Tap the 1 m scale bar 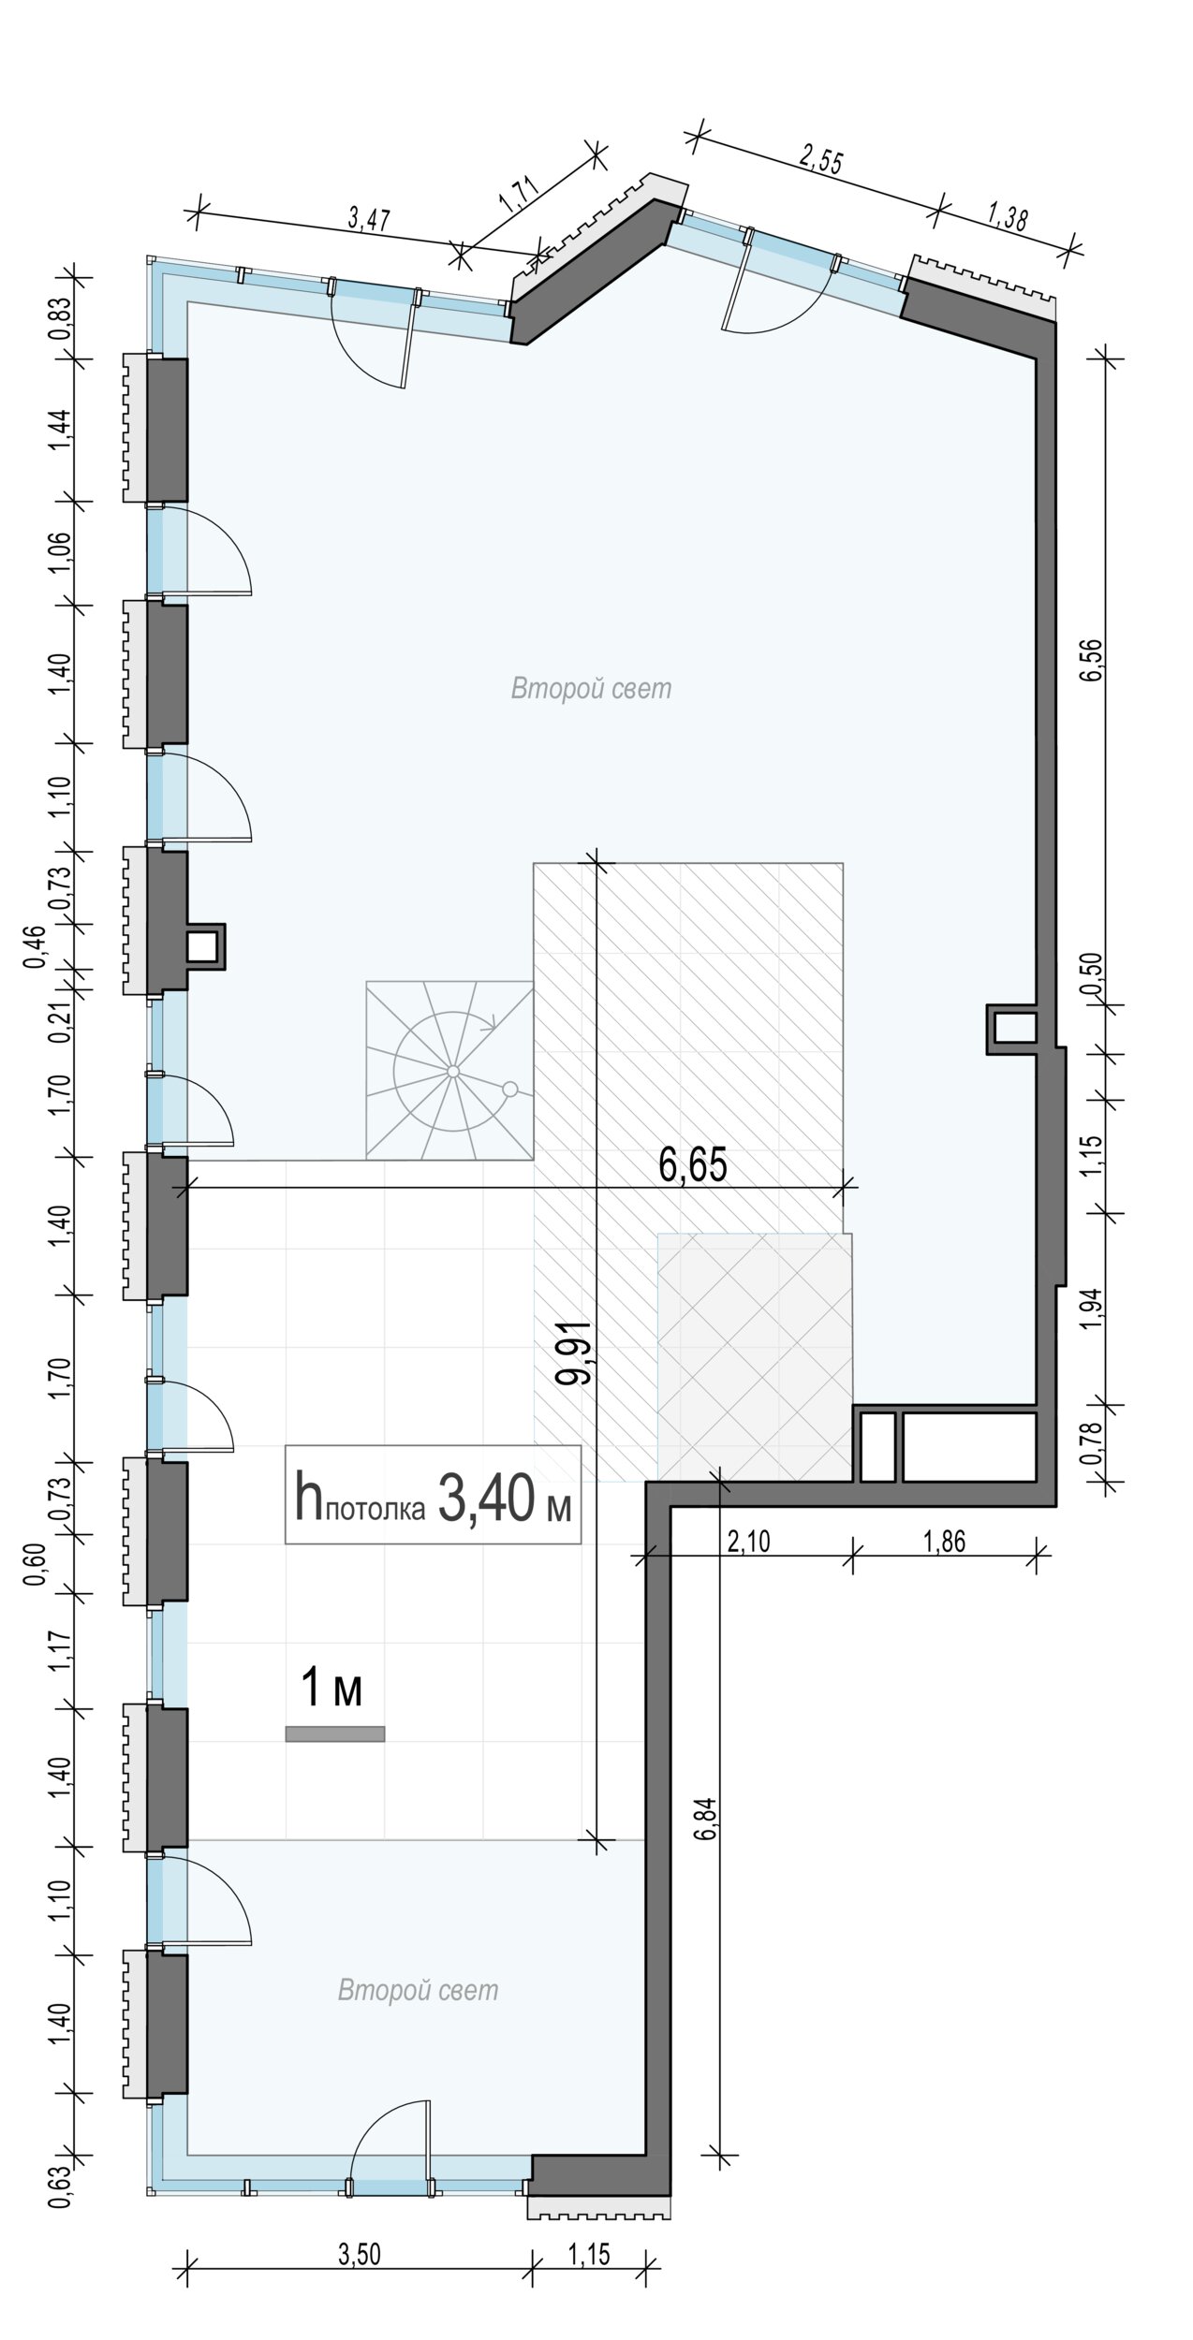[x=335, y=1734]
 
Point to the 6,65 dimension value [x=693, y=1167]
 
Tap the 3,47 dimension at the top [x=369, y=219]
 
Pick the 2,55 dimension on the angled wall [x=821, y=159]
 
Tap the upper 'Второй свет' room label [x=591, y=689]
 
